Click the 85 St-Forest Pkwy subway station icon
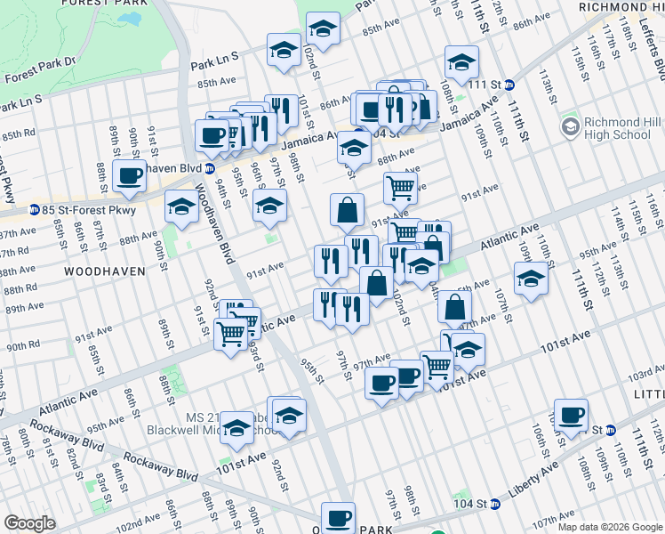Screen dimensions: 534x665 [x=34, y=211]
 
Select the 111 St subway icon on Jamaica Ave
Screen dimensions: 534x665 [x=509, y=85]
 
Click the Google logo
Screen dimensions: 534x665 [x=30, y=523]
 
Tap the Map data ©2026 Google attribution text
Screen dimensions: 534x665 [x=609, y=527]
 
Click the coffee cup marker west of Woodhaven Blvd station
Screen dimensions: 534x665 [x=129, y=175]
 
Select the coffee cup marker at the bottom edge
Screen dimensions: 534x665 [x=338, y=517]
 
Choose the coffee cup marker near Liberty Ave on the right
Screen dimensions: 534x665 [x=571, y=413]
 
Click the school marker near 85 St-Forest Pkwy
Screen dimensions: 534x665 [x=182, y=208]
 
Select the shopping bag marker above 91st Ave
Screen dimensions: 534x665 [x=347, y=210]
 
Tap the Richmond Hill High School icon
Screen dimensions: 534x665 [x=570, y=128]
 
